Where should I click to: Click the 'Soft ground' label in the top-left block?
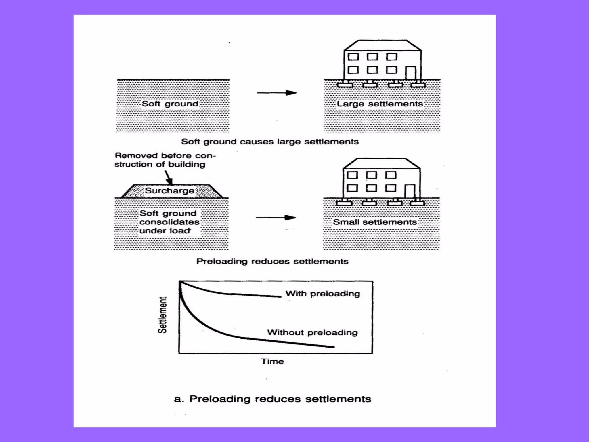tap(170, 104)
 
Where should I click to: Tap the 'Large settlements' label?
tap(380, 104)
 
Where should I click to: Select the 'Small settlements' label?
tap(375, 222)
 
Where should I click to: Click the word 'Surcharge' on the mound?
tap(169, 190)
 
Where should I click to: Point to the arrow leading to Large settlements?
tap(277, 93)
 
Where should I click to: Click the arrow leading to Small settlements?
tap(276, 218)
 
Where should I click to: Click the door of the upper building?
tap(411, 73)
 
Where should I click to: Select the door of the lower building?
tap(410, 191)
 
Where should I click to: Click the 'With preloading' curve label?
tap(322, 294)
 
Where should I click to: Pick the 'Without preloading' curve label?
tap(312, 332)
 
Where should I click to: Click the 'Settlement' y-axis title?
tap(162, 315)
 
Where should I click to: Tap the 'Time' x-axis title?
tap(272, 361)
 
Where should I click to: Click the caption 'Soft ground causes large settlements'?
tap(270, 142)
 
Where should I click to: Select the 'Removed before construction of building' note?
tap(165, 160)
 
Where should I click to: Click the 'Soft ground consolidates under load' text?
tap(169, 222)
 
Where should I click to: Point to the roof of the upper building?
tap(383, 45)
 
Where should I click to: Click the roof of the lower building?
tap(382, 163)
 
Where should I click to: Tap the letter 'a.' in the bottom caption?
tap(179, 399)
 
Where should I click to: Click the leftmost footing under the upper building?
tap(345, 85)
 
